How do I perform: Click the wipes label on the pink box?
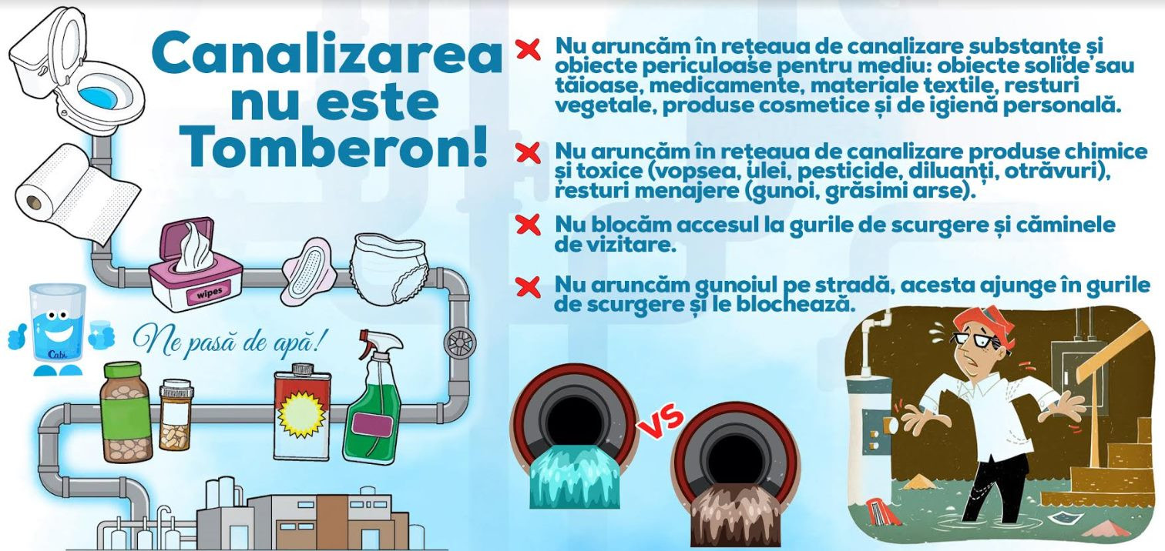[209, 293]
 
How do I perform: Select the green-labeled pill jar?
[126, 412]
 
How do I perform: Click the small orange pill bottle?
[176, 416]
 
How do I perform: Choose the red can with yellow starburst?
[302, 412]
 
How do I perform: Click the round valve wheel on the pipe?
[460, 343]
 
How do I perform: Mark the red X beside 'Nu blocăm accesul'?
[529, 225]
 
